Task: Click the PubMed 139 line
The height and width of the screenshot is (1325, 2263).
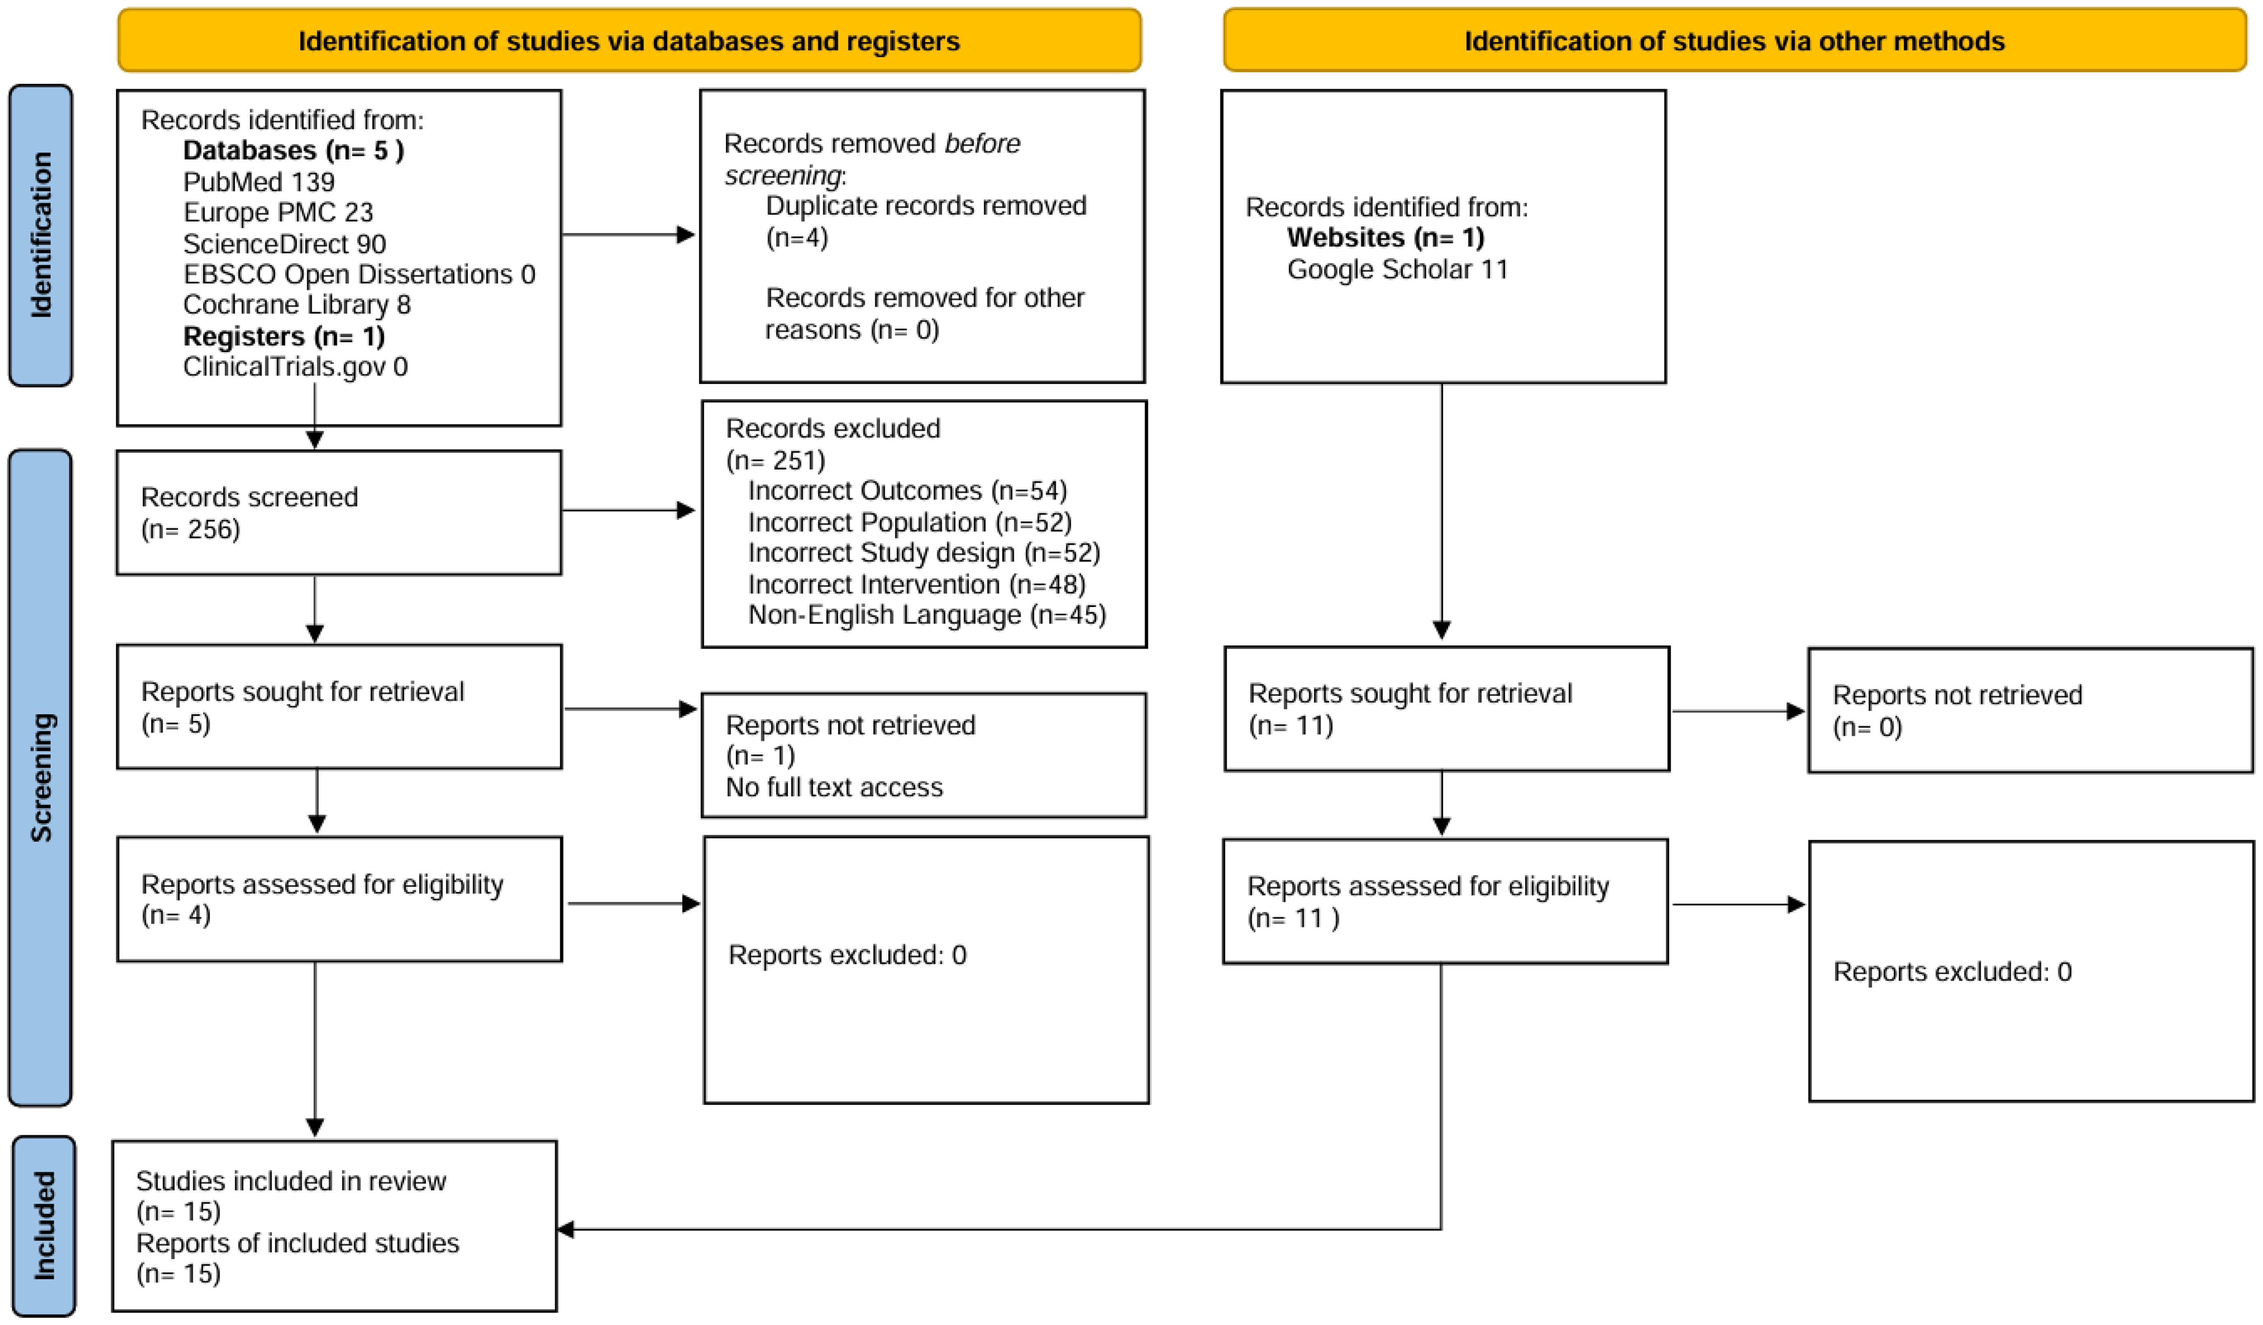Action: pyautogui.click(x=259, y=182)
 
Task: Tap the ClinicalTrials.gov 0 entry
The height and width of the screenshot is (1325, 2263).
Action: pyautogui.click(x=294, y=366)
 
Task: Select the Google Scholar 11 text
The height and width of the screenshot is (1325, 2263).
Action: pyautogui.click(x=1397, y=269)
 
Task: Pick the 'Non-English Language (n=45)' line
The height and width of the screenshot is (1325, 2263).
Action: pyautogui.click(x=927, y=615)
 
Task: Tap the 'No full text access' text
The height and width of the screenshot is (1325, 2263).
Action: pyautogui.click(x=834, y=788)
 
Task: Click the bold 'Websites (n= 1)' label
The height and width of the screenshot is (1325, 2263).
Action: pyautogui.click(x=1385, y=238)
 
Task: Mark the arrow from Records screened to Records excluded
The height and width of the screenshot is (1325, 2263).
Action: pyautogui.click(x=629, y=510)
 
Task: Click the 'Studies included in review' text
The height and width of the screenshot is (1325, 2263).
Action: pyautogui.click(x=291, y=1181)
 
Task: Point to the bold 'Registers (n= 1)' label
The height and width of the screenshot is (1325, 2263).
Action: pyautogui.click(x=284, y=336)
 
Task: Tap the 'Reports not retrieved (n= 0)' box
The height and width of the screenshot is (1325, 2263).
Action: pyautogui.click(x=2029, y=711)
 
